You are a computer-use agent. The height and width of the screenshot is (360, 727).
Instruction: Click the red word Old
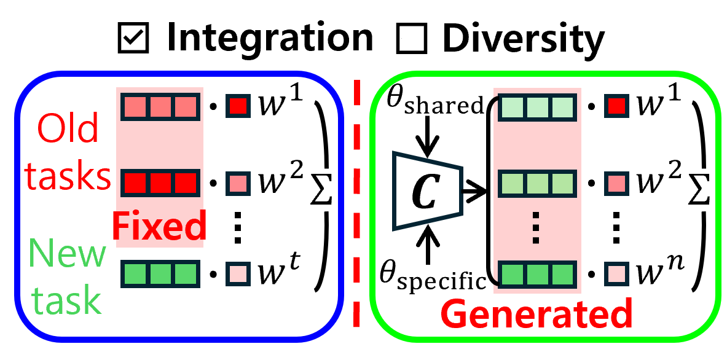point(68,129)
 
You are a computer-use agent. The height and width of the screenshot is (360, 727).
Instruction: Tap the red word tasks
point(68,176)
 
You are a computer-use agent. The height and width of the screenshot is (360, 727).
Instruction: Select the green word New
point(68,253)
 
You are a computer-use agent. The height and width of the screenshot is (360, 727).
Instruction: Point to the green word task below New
point(66,300)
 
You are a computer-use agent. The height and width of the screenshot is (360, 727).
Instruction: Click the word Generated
point(536,314)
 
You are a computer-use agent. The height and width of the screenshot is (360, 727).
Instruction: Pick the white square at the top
point(412,36)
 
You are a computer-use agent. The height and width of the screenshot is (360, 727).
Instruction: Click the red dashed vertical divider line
point(356,203)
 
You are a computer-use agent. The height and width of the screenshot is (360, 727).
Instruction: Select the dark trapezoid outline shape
point(427,190)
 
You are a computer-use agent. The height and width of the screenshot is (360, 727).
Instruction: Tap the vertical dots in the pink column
point(536,227)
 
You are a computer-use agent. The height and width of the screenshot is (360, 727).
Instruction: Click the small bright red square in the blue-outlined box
point(238,106)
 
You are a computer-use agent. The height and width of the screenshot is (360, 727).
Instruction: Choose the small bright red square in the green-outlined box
point(616,106)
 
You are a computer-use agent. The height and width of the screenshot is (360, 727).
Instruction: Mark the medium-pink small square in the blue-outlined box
point(238,183)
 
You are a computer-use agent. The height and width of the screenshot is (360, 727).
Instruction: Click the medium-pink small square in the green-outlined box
point(616,183)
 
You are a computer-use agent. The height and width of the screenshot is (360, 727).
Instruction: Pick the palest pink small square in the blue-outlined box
point(238,273)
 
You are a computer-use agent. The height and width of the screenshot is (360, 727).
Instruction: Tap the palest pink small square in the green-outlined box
point(616,273)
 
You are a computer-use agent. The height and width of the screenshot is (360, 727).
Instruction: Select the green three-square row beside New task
point(160,273)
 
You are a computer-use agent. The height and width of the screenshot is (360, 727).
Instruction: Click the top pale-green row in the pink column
point(536,108)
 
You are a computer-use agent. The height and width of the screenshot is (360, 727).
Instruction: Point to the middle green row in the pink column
point(536,183)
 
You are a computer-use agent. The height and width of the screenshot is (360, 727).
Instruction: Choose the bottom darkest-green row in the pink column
point(536,274)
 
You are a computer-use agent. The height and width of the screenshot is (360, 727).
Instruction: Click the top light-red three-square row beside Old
point(160,108)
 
